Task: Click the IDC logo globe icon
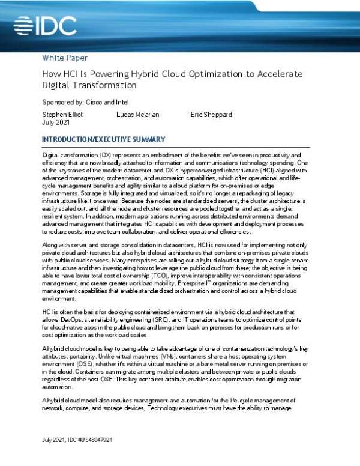26,25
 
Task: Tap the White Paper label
65,58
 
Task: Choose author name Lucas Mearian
137,113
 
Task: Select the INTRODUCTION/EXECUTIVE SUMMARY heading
103,140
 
